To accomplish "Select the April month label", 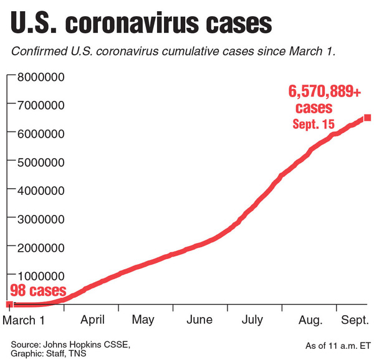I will pos(92,321).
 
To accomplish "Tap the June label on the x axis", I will pos(199,321).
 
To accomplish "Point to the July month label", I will pos(252,321).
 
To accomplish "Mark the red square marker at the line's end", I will pos(368,118).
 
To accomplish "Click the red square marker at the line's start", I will pos(9,305).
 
